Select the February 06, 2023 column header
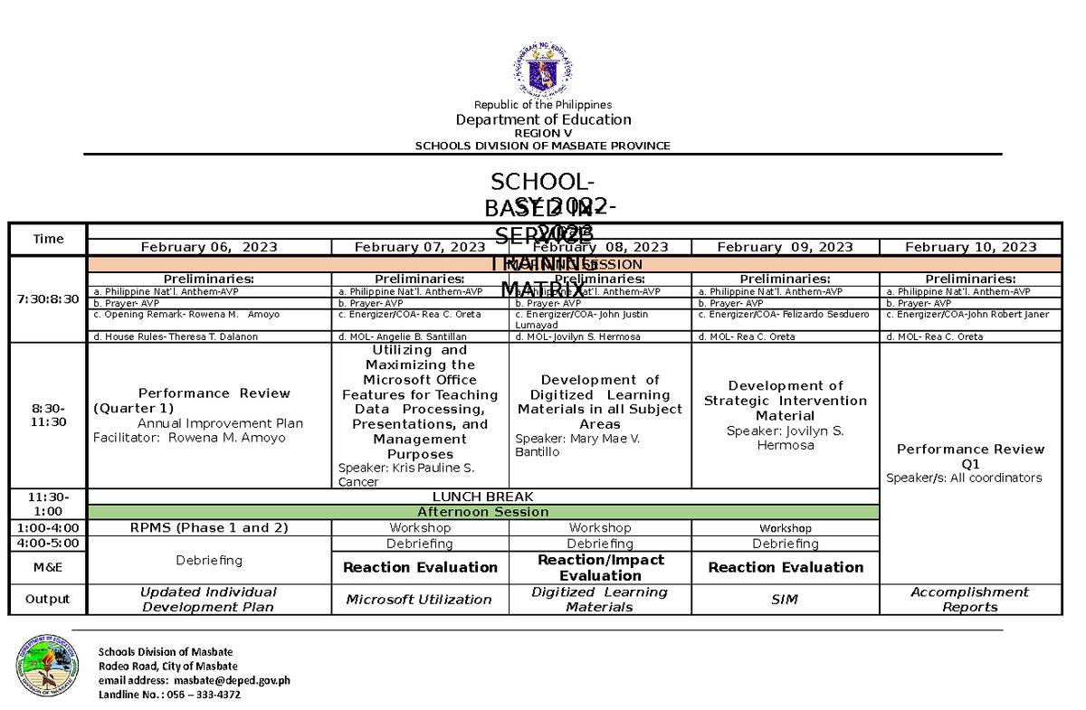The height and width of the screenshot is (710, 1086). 208,247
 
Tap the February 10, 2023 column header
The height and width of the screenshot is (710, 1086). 970,247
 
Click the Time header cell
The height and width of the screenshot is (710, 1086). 48,239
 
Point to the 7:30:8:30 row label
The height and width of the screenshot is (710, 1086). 48,298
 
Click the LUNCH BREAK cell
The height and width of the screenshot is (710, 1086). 482,497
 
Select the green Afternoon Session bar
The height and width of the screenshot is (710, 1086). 482,512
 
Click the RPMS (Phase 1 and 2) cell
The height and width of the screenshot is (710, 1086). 208,527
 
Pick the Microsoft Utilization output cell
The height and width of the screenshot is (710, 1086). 419,599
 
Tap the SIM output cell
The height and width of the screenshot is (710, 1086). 785,599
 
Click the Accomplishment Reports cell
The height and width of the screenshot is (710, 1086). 969,599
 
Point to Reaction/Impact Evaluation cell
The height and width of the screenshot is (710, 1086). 600,567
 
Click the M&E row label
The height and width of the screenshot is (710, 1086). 48,567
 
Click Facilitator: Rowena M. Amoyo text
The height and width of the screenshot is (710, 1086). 189,438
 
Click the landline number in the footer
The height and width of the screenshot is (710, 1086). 169,695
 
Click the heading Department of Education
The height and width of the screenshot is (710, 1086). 543,119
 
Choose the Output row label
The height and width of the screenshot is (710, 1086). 48,599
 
